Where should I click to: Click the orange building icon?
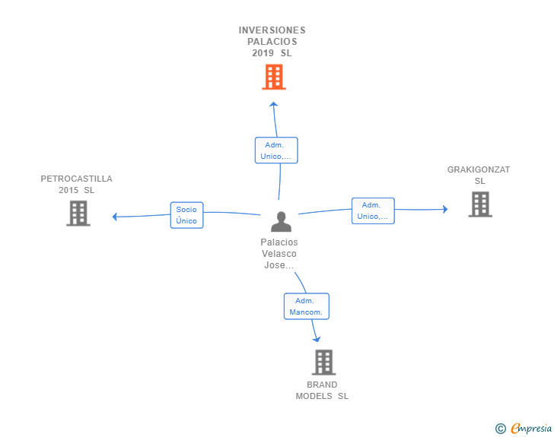coord(274,77)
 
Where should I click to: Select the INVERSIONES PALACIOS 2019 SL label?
coord(272,42)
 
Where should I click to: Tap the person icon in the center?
coord(282,222)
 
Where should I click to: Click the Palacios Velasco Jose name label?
coord(279,253)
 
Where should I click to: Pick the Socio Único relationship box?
coord(186,215)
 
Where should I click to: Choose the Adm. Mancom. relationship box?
coord(307,306)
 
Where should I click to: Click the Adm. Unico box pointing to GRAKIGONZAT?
coord(373,211)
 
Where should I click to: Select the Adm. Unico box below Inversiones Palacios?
coord(276,150)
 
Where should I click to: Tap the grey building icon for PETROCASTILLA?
coord(78,214)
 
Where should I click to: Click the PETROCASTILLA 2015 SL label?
coord(76,184)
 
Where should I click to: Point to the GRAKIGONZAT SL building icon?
coord(480,204)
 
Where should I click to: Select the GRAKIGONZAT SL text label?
coord(479,175)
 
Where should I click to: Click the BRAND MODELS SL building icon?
coord(323,363)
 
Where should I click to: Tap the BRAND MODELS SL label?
coord(322,391)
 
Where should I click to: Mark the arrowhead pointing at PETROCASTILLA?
coord(114,217)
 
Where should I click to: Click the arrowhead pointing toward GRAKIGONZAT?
coord(445,209)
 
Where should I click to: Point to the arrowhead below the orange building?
coord(273,104)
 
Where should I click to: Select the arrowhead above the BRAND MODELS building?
coord(317,339)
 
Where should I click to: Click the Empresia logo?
coord(531,428)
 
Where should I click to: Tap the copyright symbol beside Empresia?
coord(500,429)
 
